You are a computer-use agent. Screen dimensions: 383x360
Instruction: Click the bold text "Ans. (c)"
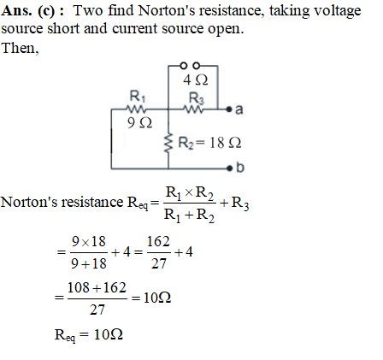(x=28, y=11)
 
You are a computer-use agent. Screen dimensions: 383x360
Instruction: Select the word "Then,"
(x=20, y=48)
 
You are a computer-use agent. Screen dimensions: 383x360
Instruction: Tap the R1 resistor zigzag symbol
(x=137, y=109)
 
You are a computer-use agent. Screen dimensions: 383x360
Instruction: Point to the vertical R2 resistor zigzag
(x=168, y=143)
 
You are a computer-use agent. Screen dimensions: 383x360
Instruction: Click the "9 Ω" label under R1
(x=139, y=123)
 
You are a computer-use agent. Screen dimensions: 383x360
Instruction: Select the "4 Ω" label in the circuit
(x=196, y=80)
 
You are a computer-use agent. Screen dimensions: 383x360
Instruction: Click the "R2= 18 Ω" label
(x=209, y=143)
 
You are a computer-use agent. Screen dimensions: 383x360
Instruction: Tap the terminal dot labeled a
(x=229, y=109)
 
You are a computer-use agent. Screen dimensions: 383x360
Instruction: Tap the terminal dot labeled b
(x=229, y=168)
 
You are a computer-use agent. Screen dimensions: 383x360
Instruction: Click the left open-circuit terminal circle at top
(x=184, y=66)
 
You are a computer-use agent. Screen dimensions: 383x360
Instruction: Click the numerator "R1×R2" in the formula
(x=190, y=193)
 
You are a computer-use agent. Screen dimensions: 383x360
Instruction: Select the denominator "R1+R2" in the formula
(x=189, y=215)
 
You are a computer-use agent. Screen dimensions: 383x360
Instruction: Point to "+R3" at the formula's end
(x=234, y=203)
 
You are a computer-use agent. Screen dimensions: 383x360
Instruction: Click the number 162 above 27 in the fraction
(x=158, y=242)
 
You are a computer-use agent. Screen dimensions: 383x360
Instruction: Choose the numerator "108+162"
(x=97, y=287)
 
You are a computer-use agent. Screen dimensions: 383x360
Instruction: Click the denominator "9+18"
(x=89, y=263)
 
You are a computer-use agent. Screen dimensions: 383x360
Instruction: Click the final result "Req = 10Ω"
(x=89, y=335)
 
